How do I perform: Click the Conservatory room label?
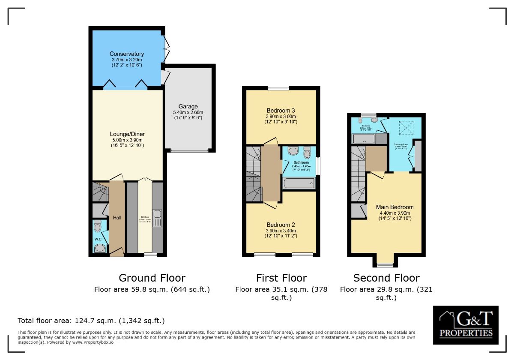(x=126, y=54)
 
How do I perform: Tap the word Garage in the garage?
(x=188, y=106)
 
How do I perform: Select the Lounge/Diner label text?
(x=126, y=133)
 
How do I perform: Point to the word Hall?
(x=117, y=218)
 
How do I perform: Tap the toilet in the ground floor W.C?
(x=97, y=225)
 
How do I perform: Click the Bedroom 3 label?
(x=281, y=110)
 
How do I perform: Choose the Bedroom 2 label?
(x=281, y=225)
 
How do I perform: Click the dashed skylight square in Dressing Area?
(x=405, y=127)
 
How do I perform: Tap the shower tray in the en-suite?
(x=364, y=138)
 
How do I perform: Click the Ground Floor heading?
(x=152, y=278)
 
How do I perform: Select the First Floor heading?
(x=281, y=278)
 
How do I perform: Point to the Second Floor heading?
(x=386, y=278)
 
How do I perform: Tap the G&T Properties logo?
(x=465, y=325)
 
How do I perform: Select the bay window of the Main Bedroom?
(x=385, y=265)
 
